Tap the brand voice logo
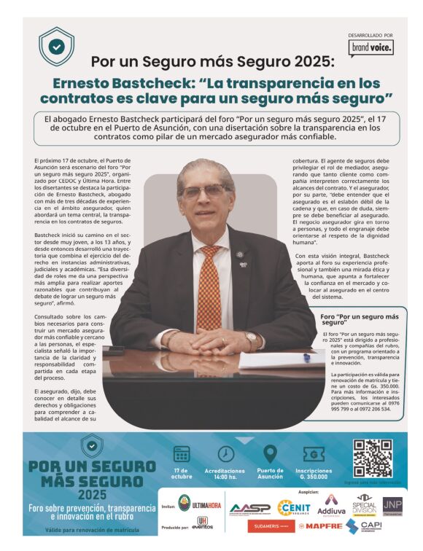click(370, 47)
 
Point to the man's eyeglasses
click(204, 191)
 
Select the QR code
click(372, 458)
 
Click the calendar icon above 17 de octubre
click(182, 454)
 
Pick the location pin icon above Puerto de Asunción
click(270, 453)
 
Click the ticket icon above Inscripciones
click(314, 454)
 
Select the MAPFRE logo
click(320, 525)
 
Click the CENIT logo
click(294, 507)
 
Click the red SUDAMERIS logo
click(270, 525)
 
